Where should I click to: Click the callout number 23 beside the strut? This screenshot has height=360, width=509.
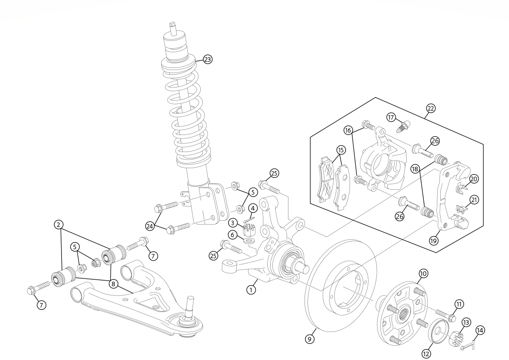coord(207,59)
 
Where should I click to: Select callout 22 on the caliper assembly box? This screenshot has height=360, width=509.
coord(431,109)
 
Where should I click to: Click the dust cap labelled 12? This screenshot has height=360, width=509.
coord(437,332)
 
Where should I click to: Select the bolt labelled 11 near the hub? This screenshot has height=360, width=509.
coord(442,315)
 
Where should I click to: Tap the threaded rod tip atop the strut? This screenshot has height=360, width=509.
coord(173,25)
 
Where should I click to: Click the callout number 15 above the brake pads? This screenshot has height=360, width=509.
coord(341,150)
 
